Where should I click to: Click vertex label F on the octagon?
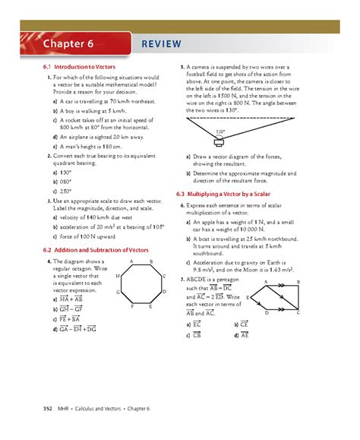pyautogui.click(x=131, y=306)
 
